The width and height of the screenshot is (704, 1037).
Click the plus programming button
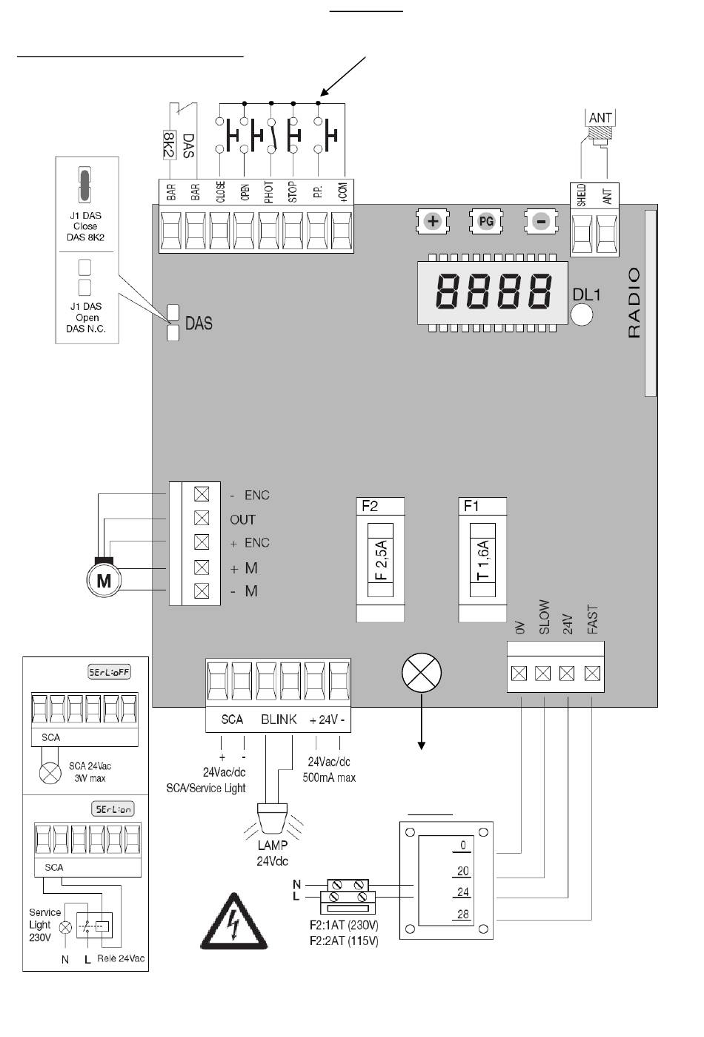click(x=433, y=221)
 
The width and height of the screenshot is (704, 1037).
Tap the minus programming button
click(x=541, y=221)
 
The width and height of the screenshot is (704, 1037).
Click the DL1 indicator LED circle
click(x=582, y=314)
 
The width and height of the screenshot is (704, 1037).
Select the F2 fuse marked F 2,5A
click(x=381, y=559)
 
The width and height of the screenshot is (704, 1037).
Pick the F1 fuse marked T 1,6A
click(x=482, y=559)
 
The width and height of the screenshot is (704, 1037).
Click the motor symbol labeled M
click(x=104, y=580)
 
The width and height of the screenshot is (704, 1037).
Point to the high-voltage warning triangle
click(x=234, y=924)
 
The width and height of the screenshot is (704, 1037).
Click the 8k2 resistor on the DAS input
click(x=170, y=145)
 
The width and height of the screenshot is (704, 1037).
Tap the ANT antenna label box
click(x=600, y=118)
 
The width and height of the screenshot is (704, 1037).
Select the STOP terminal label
click(x=293, y=191)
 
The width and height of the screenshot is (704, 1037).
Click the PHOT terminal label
click(x=269, y=191)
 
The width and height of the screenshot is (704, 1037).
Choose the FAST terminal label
click(x=592, y=619)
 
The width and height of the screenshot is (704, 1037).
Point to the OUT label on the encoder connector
click(x=242, y=519)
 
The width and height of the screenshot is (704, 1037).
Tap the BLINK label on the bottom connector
click(x=279, y=719)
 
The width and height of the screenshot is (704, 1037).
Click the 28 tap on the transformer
click(x=463, y=914)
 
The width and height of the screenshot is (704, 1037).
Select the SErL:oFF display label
click(x=110, y=672)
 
